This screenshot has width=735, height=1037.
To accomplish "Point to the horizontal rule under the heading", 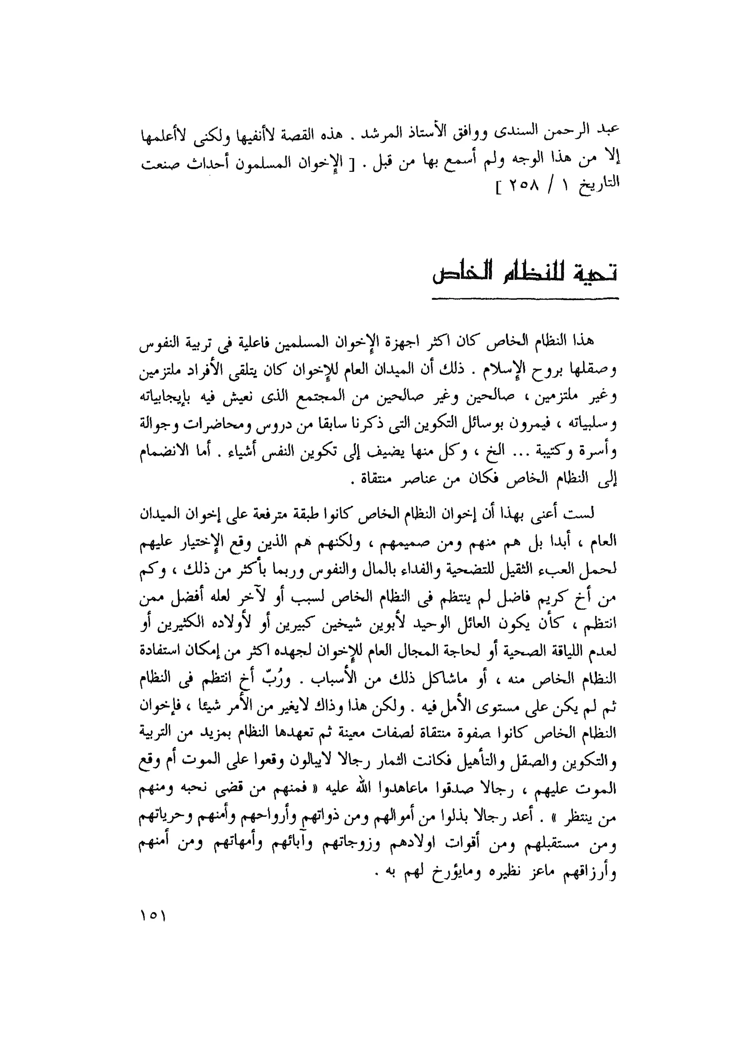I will pyautogui.click(x=525, y=298).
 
